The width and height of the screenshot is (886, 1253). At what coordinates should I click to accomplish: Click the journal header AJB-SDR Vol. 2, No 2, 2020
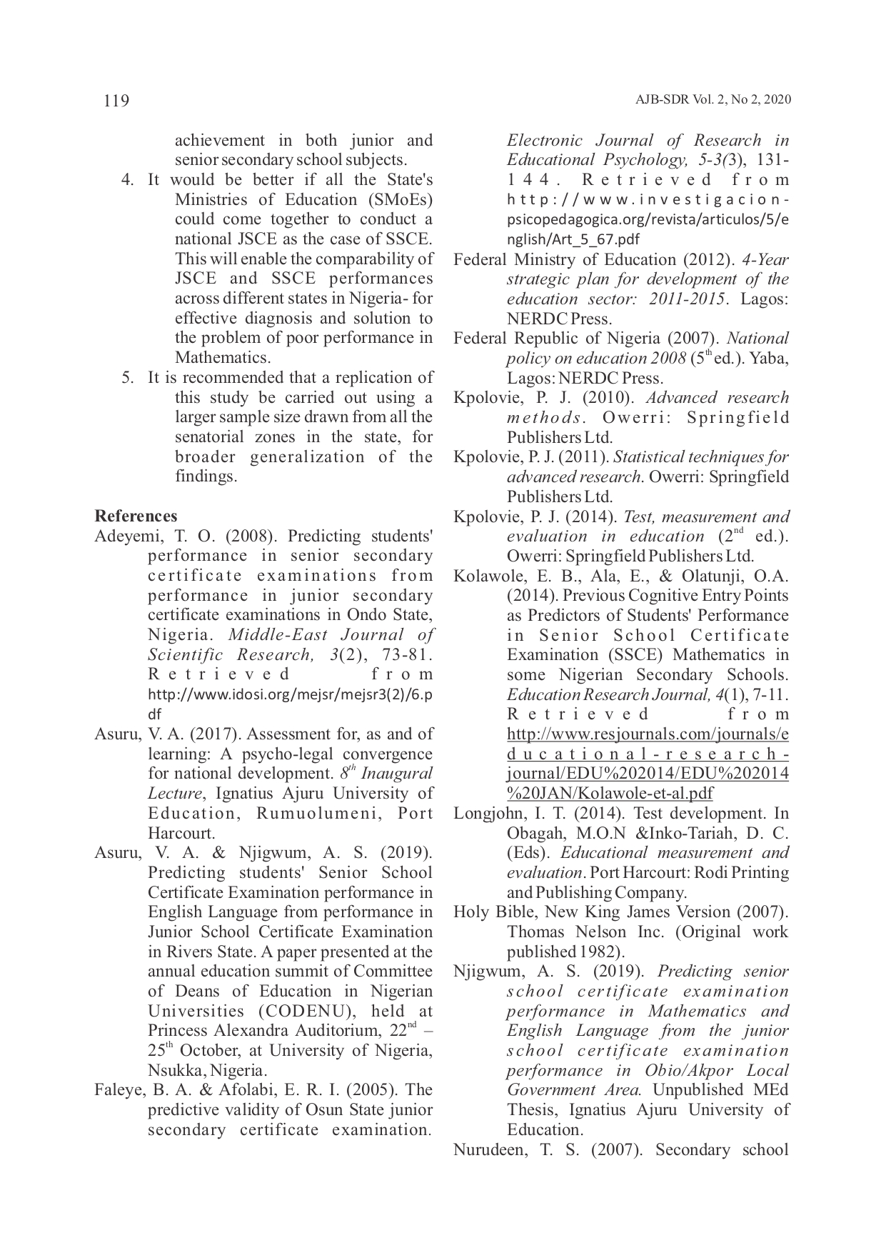(713, 100)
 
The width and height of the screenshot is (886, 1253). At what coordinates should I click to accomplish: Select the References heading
(136, 516)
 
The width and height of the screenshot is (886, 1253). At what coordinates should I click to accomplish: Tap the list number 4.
(128, 180)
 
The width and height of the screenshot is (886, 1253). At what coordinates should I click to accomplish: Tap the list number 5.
(128, 377)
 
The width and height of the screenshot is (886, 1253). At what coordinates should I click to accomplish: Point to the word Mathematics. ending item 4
(222, 357)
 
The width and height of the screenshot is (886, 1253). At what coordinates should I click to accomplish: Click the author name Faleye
(116, 1089)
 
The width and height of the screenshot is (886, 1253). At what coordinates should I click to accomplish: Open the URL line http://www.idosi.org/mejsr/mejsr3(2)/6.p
(290, 694)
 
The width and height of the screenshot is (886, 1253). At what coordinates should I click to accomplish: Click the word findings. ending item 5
(206, 476)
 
